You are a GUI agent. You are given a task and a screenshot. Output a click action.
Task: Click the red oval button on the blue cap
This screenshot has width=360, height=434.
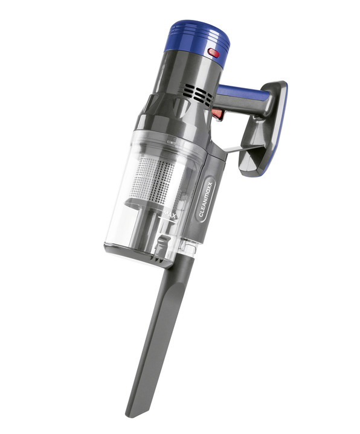[x=214, y=53]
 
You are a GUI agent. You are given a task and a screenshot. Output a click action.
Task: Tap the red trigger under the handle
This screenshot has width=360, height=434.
[x=217, y=113]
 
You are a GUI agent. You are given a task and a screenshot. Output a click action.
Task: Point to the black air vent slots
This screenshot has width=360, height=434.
[x=197, y=94]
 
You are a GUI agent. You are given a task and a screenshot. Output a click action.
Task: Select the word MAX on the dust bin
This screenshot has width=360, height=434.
[x=170, y=214]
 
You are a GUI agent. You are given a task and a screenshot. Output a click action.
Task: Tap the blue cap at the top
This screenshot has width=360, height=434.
[x=198, y=38]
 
